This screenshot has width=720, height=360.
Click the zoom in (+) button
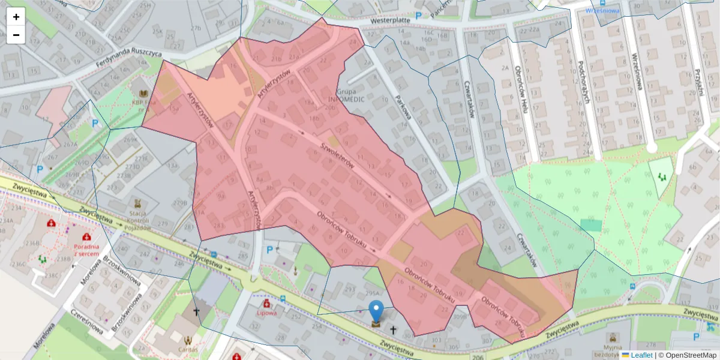coord(16,17)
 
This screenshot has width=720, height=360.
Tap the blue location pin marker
coord(376,312)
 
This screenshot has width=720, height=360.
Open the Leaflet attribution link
coord(641,355)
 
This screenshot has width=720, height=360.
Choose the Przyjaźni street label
coord(698,81)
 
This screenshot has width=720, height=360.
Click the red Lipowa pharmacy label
coord(266,313)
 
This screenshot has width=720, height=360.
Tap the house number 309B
coord(461,317)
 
